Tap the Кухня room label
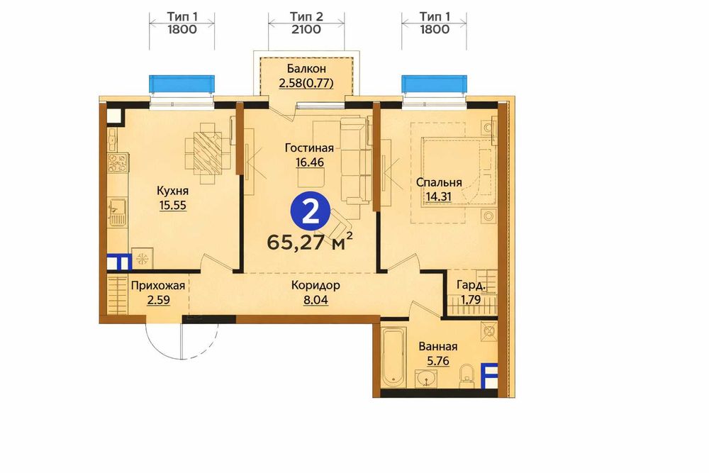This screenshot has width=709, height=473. tap(172, 191)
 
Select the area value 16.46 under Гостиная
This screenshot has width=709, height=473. tap(310, 162)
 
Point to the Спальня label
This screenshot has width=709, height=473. tap(439, 182)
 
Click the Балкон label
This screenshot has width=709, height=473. tap(306, 69)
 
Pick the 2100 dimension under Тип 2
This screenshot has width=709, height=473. tap(306, 30)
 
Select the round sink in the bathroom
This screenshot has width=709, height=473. tap(426, 378)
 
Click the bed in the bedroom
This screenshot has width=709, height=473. tap(456, 172)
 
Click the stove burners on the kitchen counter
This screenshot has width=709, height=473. tap(118, 163)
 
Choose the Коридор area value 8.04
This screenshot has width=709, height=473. tap(316, 299)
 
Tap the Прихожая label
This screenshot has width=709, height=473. tap(158, 286)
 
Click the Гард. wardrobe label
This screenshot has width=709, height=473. tap(471, 286)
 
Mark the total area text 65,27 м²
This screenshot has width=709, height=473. tap(310, 243)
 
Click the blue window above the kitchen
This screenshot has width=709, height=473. tap(182, 84)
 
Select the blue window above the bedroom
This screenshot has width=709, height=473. tap(434, 84)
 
